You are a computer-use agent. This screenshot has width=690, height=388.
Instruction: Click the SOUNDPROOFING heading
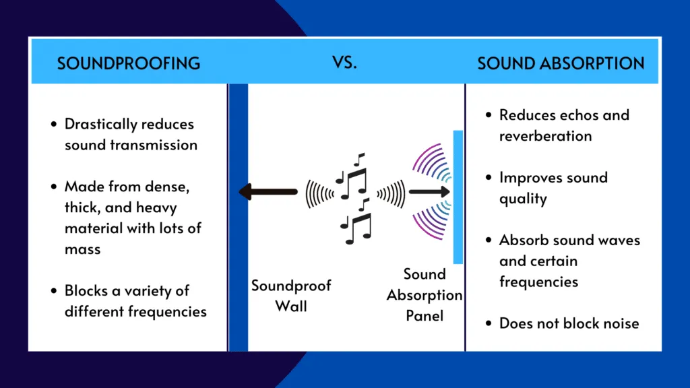pos(128,63)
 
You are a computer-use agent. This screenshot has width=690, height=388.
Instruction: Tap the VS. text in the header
pos(344,63)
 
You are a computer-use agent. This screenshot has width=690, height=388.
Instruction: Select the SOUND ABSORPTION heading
pos(561,63)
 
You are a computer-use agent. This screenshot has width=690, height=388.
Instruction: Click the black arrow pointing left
pos(268,193)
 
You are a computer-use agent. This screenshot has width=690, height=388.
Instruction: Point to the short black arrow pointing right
pos(429,193)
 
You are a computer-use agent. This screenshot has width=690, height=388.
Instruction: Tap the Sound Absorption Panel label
pos(425,294)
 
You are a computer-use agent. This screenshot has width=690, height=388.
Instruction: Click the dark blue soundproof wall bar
pos(239,216)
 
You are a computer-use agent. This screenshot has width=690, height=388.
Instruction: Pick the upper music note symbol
pos(353,176)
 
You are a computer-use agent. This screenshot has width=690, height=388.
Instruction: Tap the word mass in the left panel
pos(82,249)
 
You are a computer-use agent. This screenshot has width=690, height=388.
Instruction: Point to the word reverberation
pos(545,136)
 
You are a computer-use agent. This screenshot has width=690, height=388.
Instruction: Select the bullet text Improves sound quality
pos(553,188)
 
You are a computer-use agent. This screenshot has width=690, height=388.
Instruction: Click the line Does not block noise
pos(569,323)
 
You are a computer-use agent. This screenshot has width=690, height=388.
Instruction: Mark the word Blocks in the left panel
pos(86,291)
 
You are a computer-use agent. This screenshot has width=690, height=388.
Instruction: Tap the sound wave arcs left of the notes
pos(319,193)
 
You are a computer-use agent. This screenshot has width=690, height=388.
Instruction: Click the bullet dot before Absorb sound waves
pos(489,240)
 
